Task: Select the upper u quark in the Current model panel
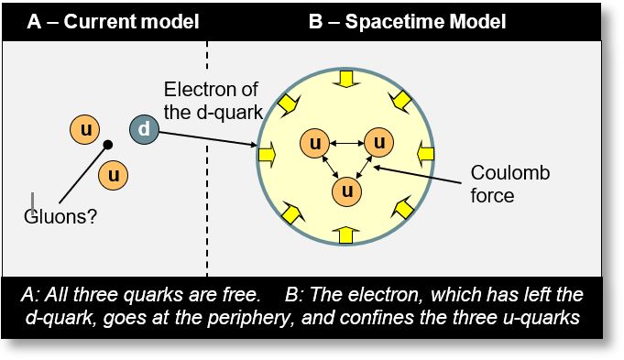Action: tap(85, 130)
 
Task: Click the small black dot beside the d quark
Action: tap(108, 145)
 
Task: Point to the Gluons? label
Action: tap(60, 217)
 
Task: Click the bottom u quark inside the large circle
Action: tap(345, 191)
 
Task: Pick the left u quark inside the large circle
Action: tap(315, 143)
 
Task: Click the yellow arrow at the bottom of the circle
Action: tap(345, 235)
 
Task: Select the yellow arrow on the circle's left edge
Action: tap(268, 157)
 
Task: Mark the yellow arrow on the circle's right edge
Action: tap(424, 149)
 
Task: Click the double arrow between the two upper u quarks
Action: tap(346, 143)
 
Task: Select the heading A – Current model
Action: tap(113, 20)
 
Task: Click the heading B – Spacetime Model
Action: tap(407, 20)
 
